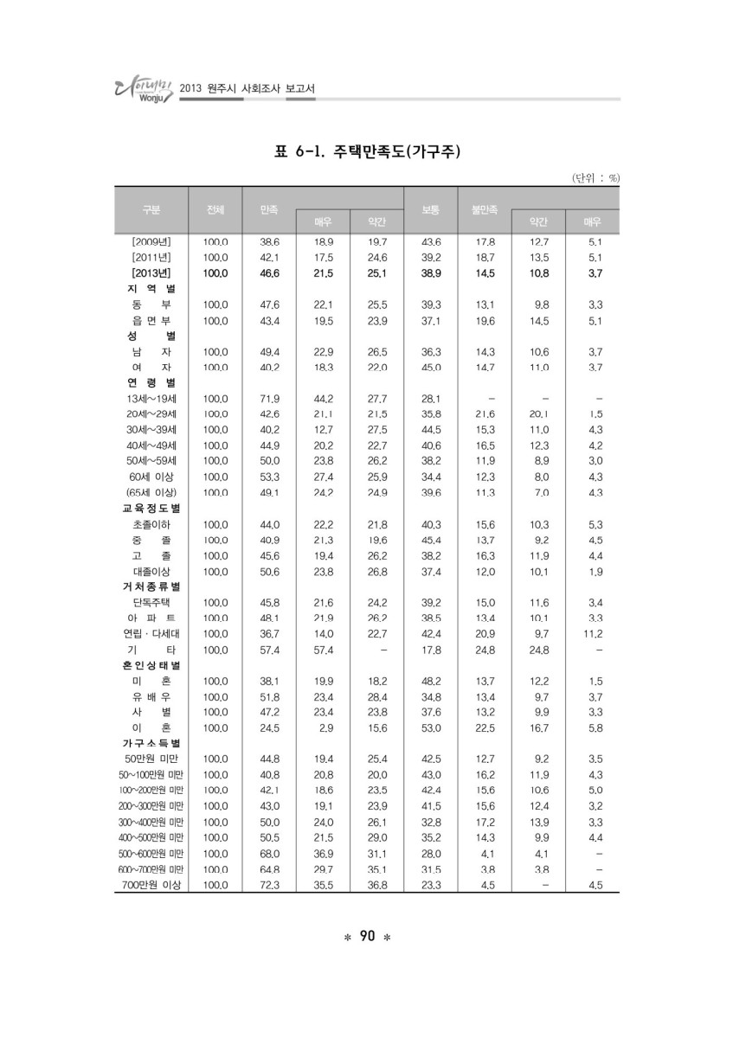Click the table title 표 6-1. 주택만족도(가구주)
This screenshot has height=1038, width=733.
(x=367, y=152)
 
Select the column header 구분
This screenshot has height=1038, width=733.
(x=151, y=209)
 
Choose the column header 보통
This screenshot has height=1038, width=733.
(x=430, y=209)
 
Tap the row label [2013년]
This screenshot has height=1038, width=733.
(x=151, y=273)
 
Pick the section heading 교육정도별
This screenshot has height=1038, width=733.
(x=151, y=509)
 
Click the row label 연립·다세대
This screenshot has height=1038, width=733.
(x=151, y=634)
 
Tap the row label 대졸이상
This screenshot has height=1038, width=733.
(x=151, y=572)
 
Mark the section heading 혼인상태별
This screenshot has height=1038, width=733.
(x=151, y=665)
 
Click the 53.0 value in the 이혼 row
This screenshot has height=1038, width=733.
(x=430, y=727)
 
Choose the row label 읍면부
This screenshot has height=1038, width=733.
(x=151, y=321)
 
